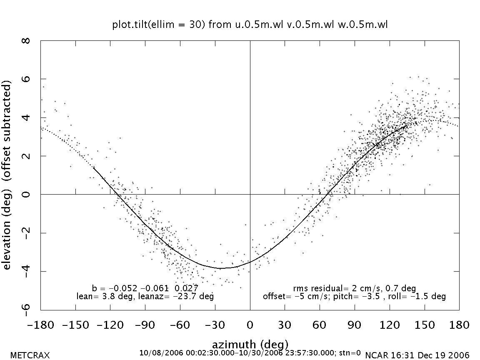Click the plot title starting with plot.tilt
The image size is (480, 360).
(250, 25)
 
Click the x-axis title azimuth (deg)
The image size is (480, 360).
(250, 345)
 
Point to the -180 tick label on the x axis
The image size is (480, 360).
(40, 325)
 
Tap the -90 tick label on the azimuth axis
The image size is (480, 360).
(145, 325)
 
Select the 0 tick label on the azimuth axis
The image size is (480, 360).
(250, 325)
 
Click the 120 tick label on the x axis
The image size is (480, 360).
(390, 325)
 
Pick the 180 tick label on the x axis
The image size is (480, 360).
(459, 325)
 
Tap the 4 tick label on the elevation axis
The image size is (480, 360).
(27, 117)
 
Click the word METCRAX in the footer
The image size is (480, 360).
(30, 355)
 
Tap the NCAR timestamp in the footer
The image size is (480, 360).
(417, 355)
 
